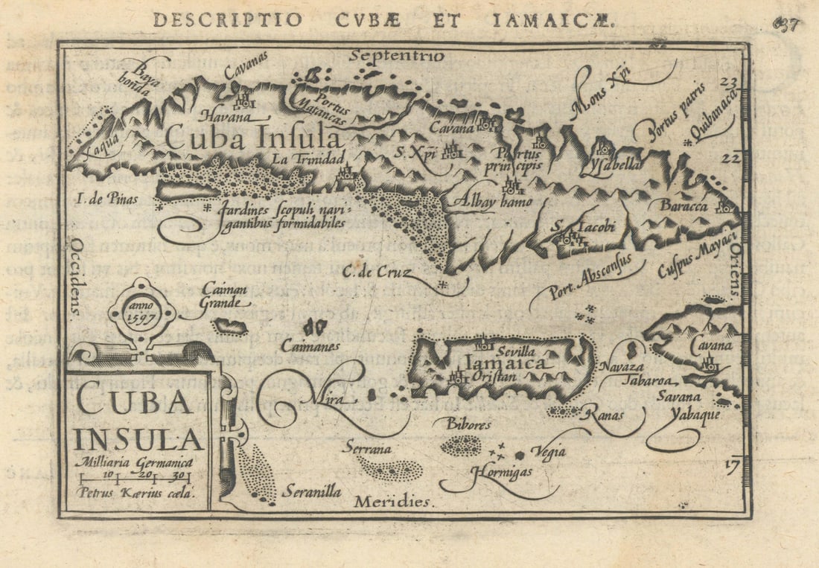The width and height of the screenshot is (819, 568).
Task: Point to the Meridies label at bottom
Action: click(x=392, y=502)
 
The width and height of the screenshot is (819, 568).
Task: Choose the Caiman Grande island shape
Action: click(x=231, y=326)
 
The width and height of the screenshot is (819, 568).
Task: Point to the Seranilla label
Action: click(x=311, y=492)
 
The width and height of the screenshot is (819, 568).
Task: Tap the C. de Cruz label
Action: click(x=377, y=273)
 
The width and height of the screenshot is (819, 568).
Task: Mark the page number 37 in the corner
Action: click(x=786, y=24)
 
